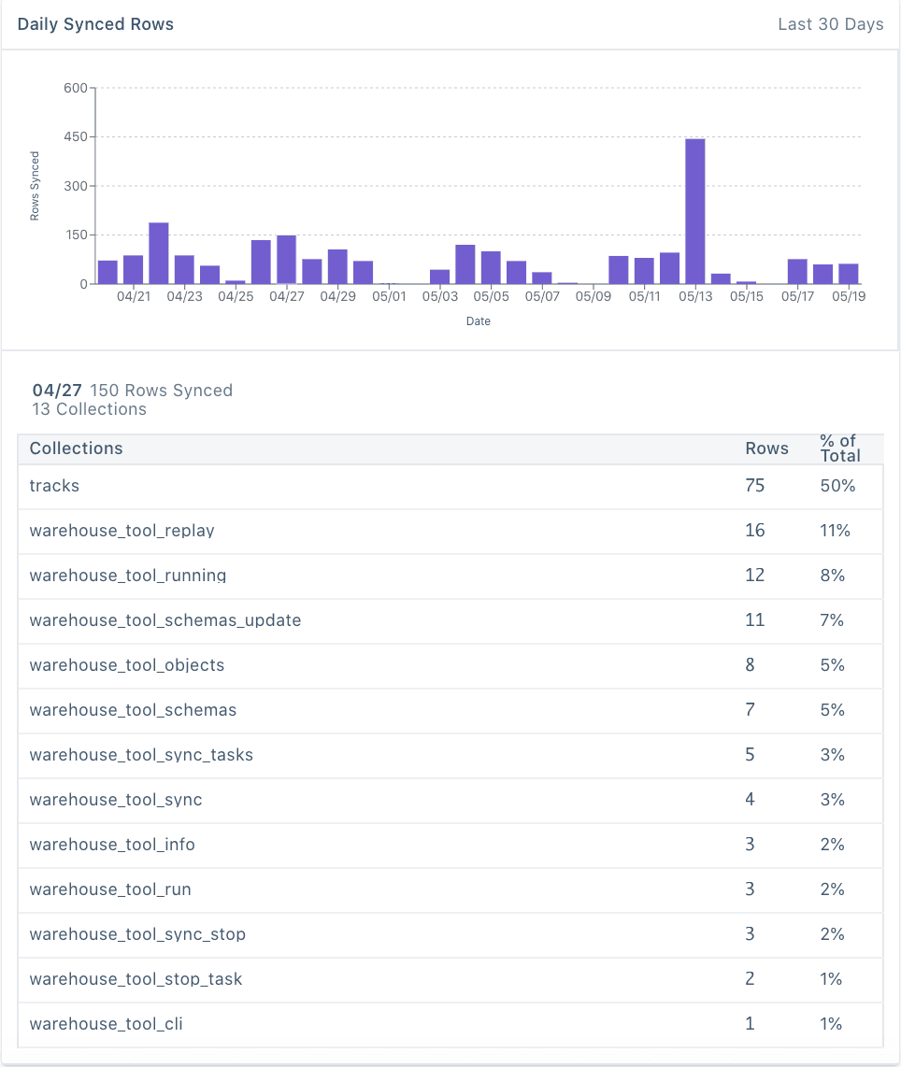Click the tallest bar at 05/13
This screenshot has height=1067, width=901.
point(694,211)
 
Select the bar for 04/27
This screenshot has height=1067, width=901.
point(286,260)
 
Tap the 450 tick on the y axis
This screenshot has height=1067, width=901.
point(77,137)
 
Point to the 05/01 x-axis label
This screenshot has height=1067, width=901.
point(389,297)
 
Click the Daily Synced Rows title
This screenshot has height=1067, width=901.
point(95,24)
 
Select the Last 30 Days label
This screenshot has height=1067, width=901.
point(830,24)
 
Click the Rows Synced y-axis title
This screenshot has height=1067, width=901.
point(35,185)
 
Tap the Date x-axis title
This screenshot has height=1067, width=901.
point(479,321)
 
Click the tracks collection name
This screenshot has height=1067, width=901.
point(54,486)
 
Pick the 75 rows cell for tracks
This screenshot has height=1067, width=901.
point(754,486)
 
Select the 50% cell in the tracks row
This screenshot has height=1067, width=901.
point(837,486)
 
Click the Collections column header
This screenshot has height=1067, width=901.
point(76,448)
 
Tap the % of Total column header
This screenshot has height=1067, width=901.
point(839,448)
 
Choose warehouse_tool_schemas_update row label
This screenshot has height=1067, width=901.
point(164,620)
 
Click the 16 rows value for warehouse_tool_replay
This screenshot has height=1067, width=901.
point(754,531)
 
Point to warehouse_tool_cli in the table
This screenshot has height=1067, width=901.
point(106,1024)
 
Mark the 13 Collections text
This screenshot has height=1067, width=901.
point(89,409)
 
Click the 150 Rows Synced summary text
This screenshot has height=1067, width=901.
point(161,391)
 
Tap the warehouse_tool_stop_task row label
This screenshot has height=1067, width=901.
point(136,979)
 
